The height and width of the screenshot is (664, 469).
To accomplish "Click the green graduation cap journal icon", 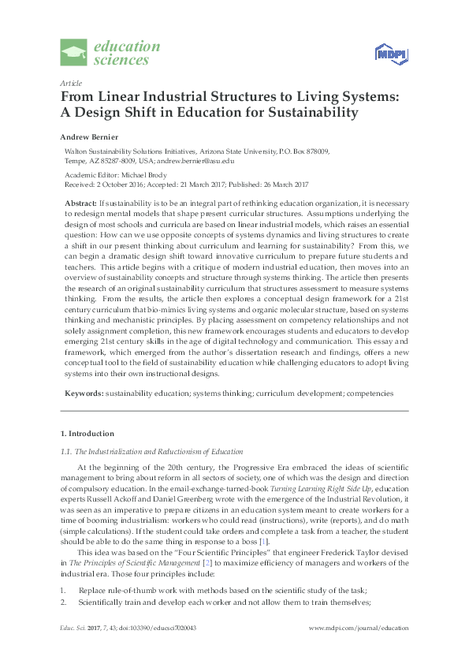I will click(75, 53).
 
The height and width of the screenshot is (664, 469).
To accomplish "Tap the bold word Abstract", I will click(80, 203).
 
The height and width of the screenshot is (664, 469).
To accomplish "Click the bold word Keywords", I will click(83, 392).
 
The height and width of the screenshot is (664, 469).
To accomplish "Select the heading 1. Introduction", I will click(87, 434).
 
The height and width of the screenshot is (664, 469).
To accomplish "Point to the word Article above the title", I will click(70, 83).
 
